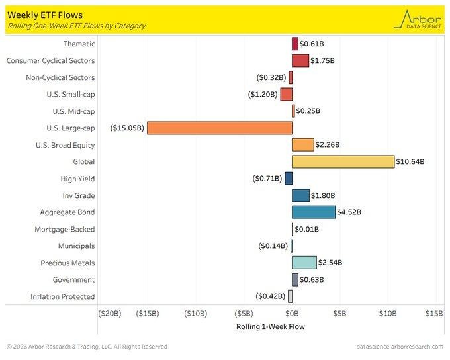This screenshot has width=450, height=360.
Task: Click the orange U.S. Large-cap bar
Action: tap(220, 128)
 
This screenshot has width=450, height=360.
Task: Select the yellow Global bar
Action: tap(343, 161)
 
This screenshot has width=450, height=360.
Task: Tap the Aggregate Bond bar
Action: tap(314, 212)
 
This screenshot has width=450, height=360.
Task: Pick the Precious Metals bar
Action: tap(304, 263)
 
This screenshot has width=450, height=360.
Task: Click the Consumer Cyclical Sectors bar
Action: tap(300, 60)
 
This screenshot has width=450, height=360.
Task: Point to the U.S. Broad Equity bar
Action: tap(303, 145)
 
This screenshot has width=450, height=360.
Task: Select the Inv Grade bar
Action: tap(301, 195)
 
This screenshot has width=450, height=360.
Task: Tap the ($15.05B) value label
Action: tap(128, 128)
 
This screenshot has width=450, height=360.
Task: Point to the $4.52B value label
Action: tap(351, 212)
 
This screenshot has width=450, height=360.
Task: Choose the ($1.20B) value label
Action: tap(263, 94)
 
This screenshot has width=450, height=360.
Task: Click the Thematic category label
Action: tap(79, 44)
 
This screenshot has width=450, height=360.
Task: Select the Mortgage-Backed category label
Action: tap(65, 229)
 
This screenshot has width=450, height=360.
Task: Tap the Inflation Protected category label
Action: tap(63, 296)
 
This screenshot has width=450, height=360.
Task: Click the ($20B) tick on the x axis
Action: tap(109, 313)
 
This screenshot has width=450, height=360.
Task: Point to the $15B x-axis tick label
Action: tap(434, 313)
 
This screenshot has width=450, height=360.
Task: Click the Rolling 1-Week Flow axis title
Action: tap(271, 326)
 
